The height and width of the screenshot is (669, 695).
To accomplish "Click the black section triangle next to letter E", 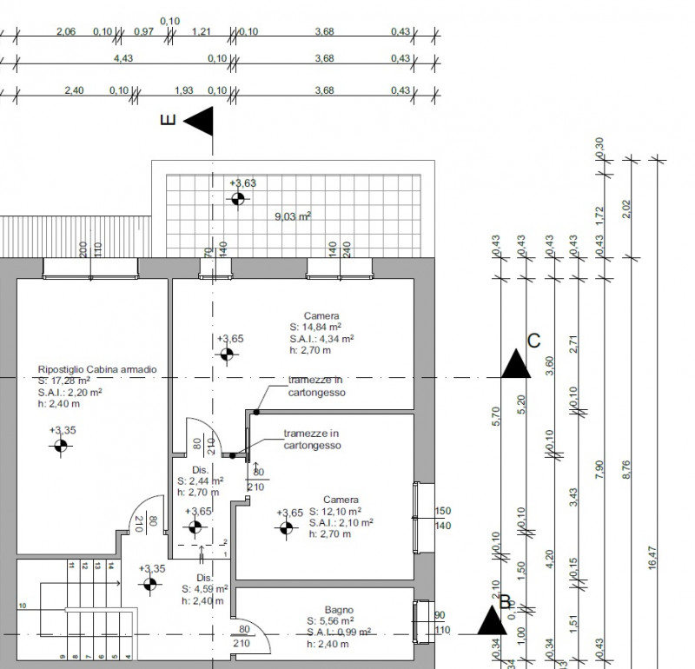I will point(199,122).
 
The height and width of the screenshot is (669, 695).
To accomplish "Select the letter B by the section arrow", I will point(505,602).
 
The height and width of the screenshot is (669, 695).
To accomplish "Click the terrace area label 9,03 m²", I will point(293,217).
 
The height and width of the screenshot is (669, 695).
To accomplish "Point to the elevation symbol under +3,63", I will point(237,200).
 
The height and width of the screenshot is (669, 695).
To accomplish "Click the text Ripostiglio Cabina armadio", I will point(97,369).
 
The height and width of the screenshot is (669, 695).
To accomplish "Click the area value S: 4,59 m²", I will point(204,588).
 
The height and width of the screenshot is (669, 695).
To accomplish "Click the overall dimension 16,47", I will point(652,564).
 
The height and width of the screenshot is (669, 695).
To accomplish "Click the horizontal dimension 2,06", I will point(65,31).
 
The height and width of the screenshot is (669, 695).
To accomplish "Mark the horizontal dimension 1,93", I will point(184,89).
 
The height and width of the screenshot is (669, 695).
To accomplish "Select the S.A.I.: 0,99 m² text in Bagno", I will point(339,633).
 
